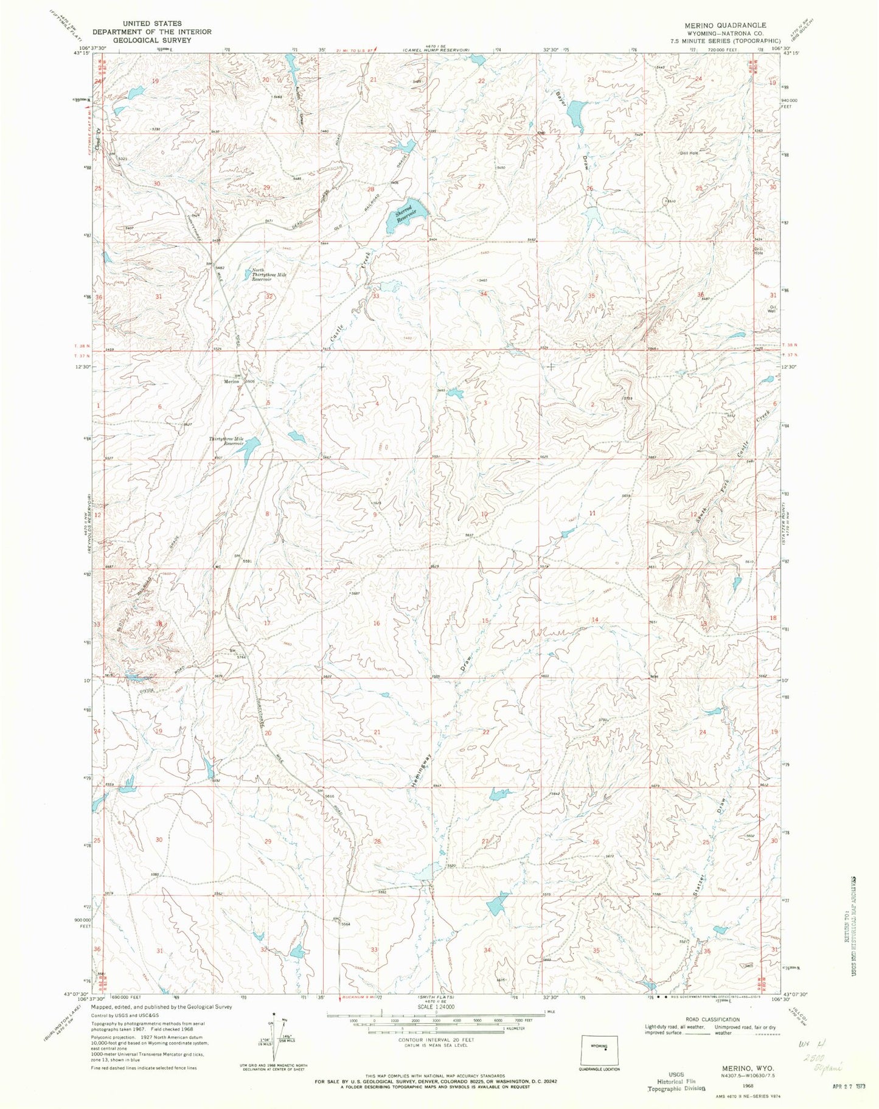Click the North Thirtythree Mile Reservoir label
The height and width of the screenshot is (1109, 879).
[268, 275]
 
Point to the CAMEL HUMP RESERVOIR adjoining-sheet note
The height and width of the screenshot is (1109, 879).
[438, 49]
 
